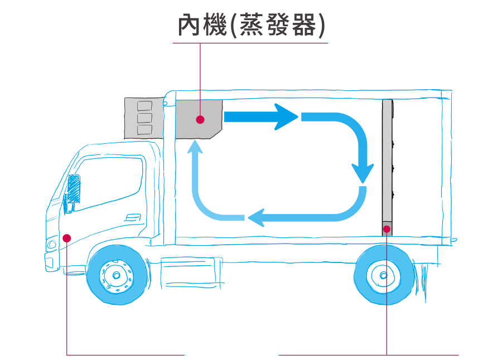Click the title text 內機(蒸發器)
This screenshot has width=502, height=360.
252,25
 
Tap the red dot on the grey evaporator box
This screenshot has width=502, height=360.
200,120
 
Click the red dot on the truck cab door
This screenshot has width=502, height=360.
67,238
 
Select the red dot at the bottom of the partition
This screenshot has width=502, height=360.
387,229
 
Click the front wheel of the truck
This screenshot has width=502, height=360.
117,275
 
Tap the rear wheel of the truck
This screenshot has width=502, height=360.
384,275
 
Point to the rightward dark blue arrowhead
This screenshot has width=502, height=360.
285,117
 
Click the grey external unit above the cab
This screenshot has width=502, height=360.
144,118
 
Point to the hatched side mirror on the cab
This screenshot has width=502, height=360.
74,189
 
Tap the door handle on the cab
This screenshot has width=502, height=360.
133,217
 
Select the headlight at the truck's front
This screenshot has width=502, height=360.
51,245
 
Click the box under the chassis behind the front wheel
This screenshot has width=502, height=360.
191,272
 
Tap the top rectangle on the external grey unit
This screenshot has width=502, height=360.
144,106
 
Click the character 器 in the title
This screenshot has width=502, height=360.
304,25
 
